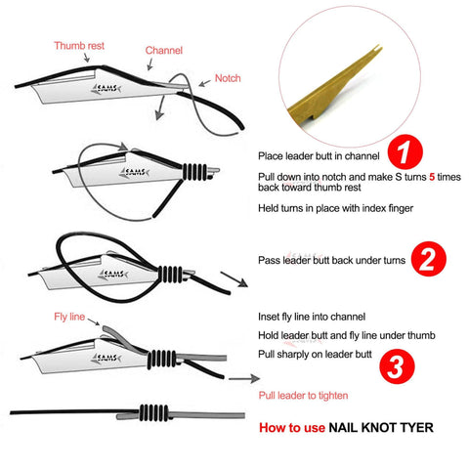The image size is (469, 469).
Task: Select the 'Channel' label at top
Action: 163,49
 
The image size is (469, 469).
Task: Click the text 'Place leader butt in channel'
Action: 318,155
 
